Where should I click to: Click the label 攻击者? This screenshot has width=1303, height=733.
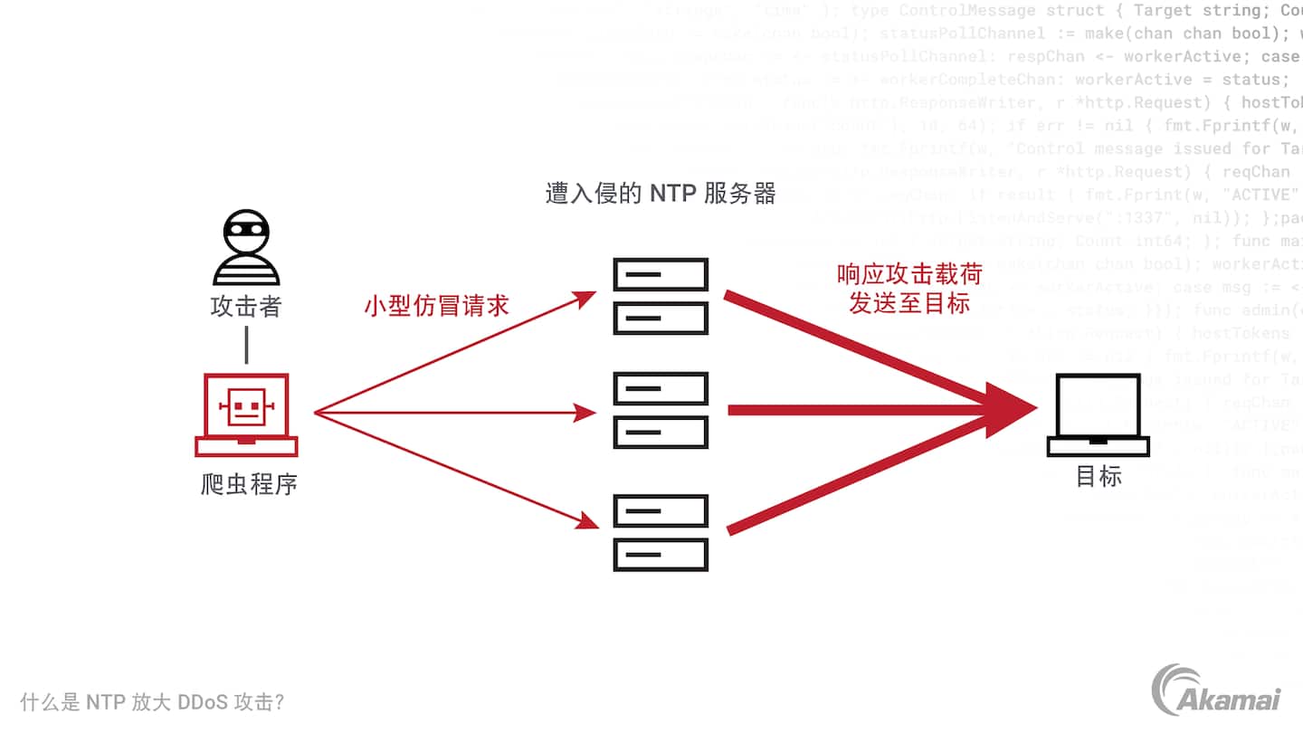(x=246, y=307)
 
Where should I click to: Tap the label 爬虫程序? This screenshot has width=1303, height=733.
(x=249, y=485)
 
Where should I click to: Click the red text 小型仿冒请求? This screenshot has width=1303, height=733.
(x=436, y=305)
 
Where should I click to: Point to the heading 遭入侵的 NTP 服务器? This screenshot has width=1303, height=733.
(x=661, y=194)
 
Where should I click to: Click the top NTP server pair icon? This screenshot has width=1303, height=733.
(x=661, y=296)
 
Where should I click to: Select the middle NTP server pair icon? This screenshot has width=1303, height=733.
(x=661, y=411)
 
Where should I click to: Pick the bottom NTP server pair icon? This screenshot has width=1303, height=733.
(x=661, y=533)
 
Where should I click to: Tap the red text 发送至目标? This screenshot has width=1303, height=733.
(x=909, y=303)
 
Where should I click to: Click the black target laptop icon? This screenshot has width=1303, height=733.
(x=1098, y=415)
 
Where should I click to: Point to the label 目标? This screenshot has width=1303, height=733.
(x=1099, y=477)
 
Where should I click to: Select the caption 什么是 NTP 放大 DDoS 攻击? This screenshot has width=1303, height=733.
(x=153, y=702)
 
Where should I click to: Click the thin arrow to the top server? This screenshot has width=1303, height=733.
(x=452, y=353)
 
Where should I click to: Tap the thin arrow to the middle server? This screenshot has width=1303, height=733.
(x=452, y=414)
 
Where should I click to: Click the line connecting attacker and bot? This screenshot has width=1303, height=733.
(x=246, y=345)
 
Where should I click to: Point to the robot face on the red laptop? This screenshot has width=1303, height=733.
(x=244, y=408)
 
